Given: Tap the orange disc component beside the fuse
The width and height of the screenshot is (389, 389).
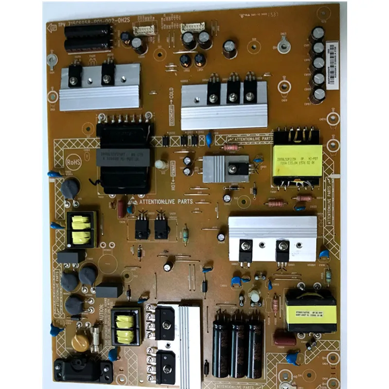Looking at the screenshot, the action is coord(81,343).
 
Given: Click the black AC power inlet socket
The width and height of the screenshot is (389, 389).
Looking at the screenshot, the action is coord(83,371).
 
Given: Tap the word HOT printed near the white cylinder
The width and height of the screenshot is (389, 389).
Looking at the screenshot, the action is coord(171,180).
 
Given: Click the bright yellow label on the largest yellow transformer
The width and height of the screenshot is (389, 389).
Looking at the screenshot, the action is coord(297,160).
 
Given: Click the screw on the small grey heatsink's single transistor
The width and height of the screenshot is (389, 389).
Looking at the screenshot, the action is coord(232,169).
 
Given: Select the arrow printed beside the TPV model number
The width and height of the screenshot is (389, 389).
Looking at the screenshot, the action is coord(52,28).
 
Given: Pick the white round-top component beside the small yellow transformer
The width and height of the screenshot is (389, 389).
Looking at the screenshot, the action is coord(254,296).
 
